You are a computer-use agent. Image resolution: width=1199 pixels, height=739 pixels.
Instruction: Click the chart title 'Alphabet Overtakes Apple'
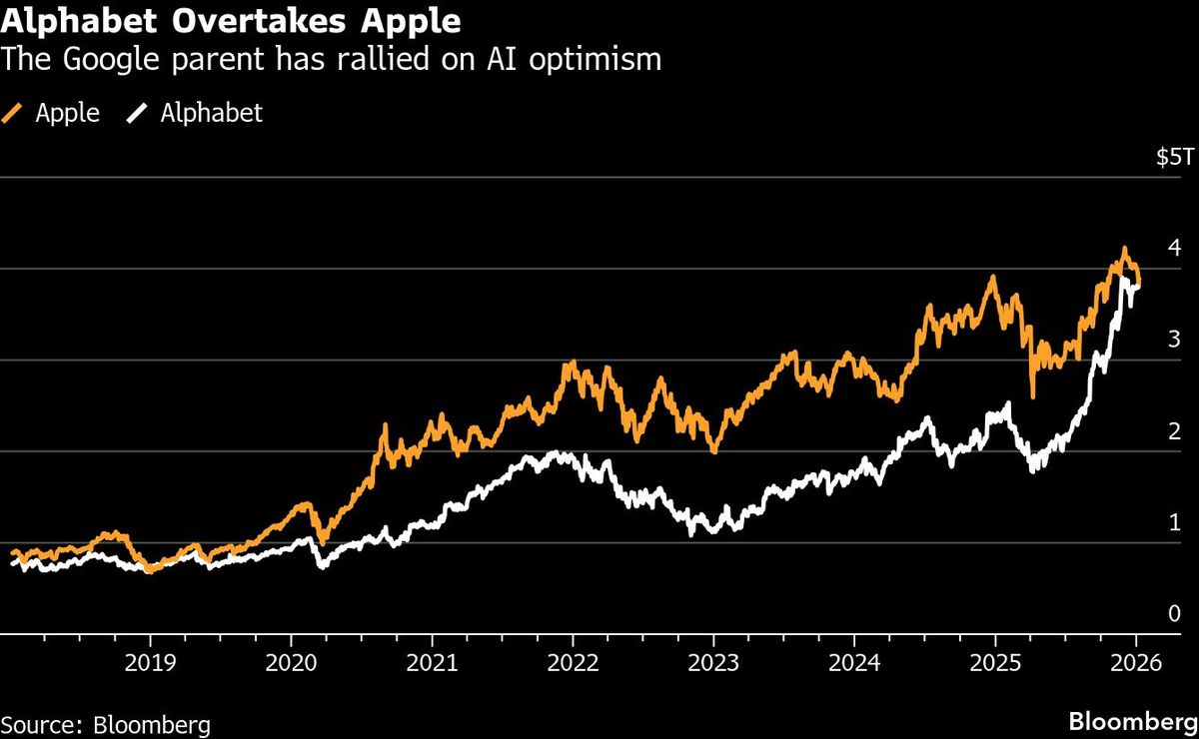tap(231, 21)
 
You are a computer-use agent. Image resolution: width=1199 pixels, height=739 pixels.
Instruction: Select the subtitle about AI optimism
tap(332, 60)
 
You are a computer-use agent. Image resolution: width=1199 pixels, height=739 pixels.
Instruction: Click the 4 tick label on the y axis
tap(1175, 248)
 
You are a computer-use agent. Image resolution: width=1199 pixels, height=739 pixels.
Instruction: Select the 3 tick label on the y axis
tap(1175, 340)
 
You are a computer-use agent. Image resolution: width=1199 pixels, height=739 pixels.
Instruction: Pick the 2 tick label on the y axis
tap(1175, 431)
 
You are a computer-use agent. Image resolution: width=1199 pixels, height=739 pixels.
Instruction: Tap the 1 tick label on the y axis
tap(1175, 522)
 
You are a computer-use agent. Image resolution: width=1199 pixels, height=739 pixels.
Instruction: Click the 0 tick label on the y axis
tap(1175, 613)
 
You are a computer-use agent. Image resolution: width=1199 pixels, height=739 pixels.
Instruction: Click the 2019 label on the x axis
tap(150, 662)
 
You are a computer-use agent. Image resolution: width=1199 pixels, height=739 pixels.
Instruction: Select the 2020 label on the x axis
tap(291, 662)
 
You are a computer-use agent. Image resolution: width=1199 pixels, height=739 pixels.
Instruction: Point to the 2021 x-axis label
tap(432, 662)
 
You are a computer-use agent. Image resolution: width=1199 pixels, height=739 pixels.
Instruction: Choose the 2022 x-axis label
tap(573, 662)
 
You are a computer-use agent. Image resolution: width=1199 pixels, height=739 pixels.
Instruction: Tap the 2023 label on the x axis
tap(713, 662)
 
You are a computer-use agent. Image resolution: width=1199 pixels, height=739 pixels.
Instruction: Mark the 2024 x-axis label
tap(854, 662)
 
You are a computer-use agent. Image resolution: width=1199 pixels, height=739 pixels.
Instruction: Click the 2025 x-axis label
tap(995, 662)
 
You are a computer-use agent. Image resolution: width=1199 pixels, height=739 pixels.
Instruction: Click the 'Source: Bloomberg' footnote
tap(106, 723)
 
